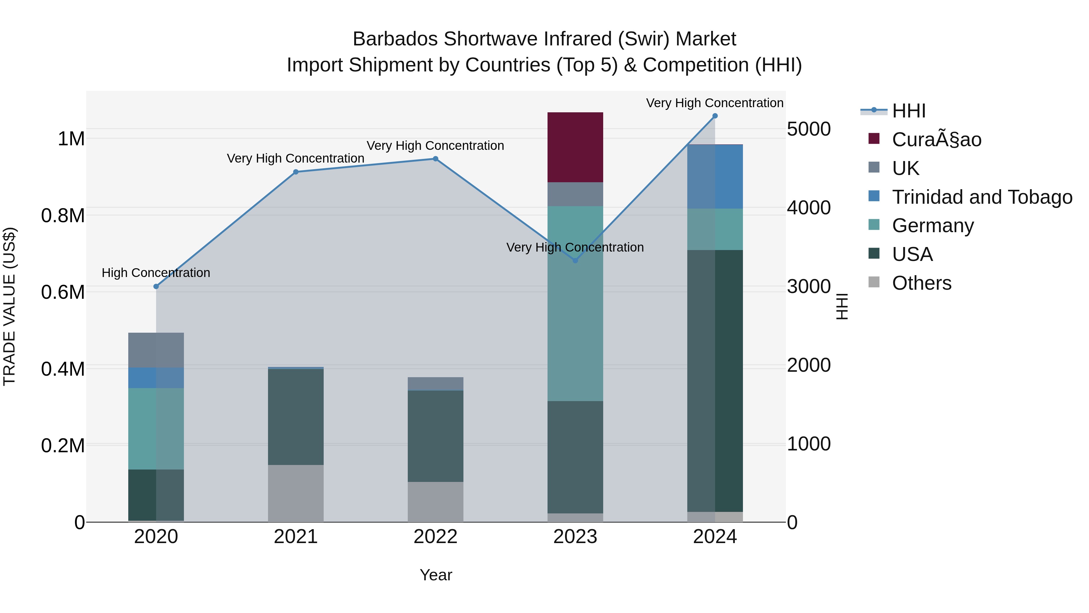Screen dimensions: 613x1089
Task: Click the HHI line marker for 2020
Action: pyautogui.click(x=156, y=286)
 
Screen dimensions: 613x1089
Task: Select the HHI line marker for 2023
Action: pyautogui.click(x=575, y=261)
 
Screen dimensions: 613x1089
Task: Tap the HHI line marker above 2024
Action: pyautogui.click(x=715, y=116)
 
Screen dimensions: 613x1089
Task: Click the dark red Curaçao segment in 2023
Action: pyautogui.click(x=575, y=147)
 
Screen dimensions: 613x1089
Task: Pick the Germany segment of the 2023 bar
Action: pyautogui.click(x=575, y=303)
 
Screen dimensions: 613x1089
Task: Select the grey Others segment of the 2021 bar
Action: pyautogui.click(x=296, y=493)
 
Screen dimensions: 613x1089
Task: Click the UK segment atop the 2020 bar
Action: pyautogui.click(x=156, y=350)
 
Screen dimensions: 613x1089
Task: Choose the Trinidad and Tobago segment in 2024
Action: pyautogui.click(x=715, y=176)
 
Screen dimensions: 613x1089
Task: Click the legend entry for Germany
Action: pyautogui.click(x=933, y=226)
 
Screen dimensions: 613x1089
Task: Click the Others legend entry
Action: pyautogui.click(x=922, y=283)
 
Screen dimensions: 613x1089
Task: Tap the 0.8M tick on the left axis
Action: pyautogui.click(x=63, y=216)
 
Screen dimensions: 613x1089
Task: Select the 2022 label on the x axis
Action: pyautogui.click(x=435, y=537)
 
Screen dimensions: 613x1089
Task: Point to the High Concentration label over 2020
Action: pyautogui.click(x=156, y=273)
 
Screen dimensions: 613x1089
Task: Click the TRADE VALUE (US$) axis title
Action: pyautogui.click(x=9, y=306)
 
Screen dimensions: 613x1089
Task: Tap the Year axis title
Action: pyautogui.click(x=436, y=575)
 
